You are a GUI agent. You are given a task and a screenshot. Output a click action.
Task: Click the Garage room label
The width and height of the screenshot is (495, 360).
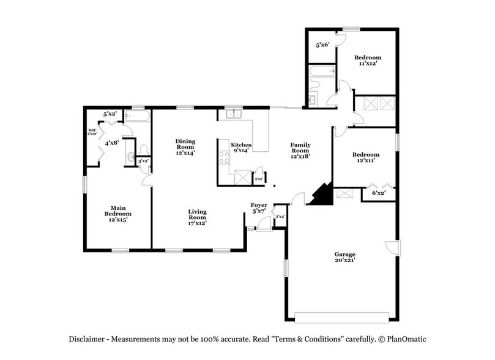[x=344, y=257]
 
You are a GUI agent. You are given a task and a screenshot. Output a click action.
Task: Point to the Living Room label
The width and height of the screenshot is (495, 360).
[x=197, y=217]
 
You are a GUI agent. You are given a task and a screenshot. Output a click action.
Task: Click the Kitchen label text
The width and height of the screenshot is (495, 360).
[x=239, y=145]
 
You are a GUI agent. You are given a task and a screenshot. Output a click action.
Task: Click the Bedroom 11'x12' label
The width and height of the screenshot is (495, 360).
[x=368, y=60]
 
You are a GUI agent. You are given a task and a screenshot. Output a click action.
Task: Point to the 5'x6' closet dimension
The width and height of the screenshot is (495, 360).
[x=322, y=45]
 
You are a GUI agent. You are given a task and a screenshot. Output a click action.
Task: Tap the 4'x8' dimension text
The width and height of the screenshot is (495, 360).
[x=111, y=143]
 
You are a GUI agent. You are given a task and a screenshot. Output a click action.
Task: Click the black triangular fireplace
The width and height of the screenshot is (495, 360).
[x=321, y=195]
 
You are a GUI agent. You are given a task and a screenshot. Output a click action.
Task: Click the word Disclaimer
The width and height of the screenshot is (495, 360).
[x=87, y=339]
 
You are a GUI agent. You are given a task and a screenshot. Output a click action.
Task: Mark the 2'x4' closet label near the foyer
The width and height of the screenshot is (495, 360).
[x=280, y=216]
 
